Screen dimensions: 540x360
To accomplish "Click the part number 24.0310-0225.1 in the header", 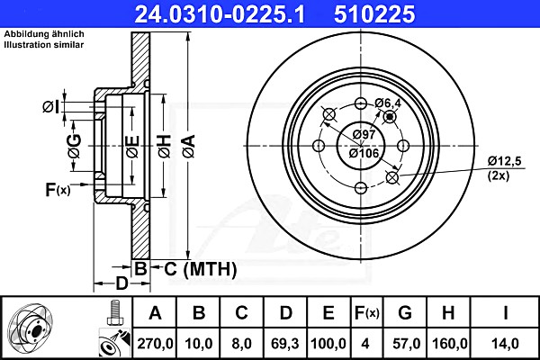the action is click(x=220, y=13).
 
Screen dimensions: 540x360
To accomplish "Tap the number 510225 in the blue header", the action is click(x=374, y=13).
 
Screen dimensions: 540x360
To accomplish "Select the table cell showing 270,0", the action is click(x=155, y=344).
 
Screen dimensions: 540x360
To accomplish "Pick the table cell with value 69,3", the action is click(x=284, y=344).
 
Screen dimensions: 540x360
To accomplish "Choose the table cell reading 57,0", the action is click(x=407, y=344).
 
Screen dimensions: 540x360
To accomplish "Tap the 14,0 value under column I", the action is click(x=505, y=344).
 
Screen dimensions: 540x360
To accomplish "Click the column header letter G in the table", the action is click(x=405, y=313).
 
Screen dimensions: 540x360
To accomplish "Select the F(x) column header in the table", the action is click(x=366, y=313).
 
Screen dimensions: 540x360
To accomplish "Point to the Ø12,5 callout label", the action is click(x=505, y=160).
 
